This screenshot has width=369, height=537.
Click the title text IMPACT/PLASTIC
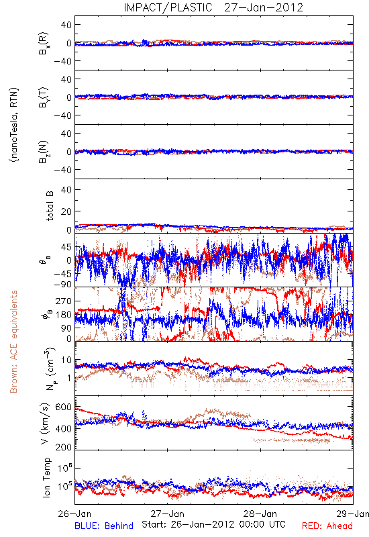(x=168, y=7)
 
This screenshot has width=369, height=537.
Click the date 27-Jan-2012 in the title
(x=264, y=7)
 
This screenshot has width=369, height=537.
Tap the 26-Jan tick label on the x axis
(x=74, y=514)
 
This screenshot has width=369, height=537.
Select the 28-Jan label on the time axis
(x=260, y=514)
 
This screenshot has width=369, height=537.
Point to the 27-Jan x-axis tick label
(x=167, y=514)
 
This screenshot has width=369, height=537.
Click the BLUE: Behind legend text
(x=104, y=526)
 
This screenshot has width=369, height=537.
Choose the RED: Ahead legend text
(x=327, y=526)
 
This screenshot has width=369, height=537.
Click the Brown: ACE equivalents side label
(x=13, y=342)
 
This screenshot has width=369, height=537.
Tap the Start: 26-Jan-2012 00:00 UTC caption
(x=213, y=524)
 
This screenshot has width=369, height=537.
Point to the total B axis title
(x=50, y=205)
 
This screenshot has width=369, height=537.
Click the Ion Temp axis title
(x=46, y=477)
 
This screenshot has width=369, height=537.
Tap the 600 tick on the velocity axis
(x=63, y=407)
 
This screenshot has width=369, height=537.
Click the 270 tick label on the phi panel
(x=63, y=301)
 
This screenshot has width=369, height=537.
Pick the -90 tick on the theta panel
(x=62, y=284)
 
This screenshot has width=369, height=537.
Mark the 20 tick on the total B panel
(x=66, y=211)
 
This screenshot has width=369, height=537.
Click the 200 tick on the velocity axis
(x=63, y=447)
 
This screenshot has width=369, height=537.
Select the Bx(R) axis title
(x=43, y=43)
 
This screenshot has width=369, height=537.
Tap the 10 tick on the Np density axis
(x=66, y=360)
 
